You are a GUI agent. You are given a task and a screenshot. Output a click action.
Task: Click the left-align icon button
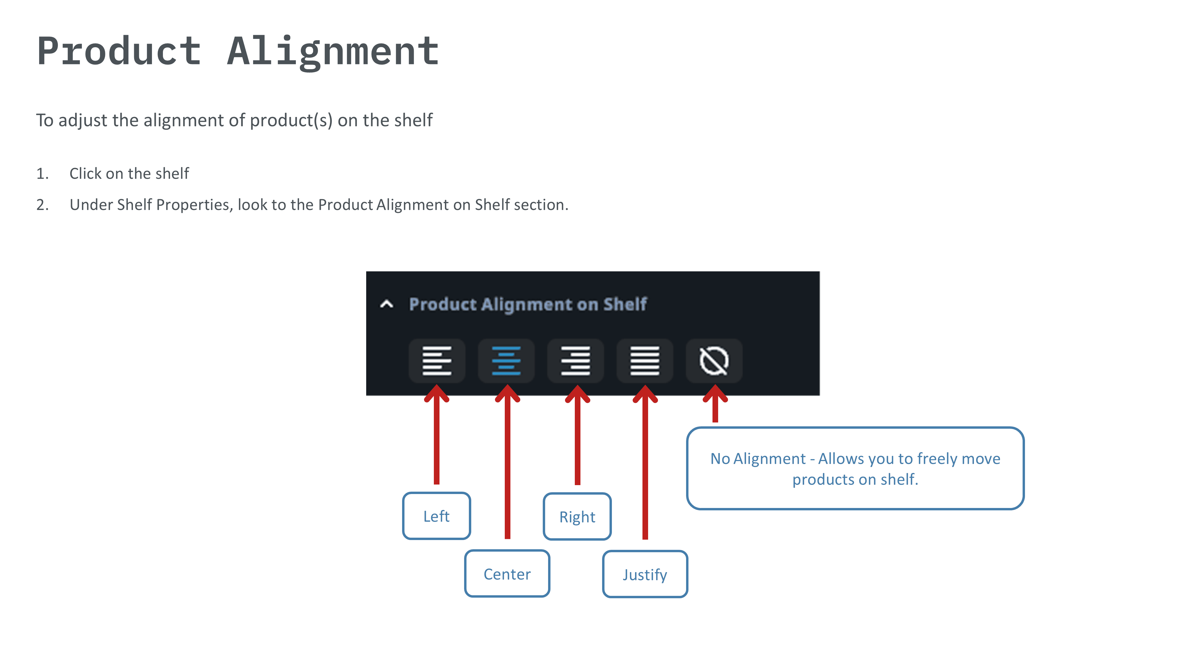[436, 360]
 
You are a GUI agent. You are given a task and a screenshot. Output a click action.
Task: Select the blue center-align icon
[506, 360]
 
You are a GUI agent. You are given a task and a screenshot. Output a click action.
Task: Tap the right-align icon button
[575, 360]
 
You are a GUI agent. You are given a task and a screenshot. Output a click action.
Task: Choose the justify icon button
[645, 360]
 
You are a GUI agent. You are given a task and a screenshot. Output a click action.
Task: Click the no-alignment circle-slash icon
[714, 360]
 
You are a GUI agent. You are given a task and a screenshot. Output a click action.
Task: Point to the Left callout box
[436, 516]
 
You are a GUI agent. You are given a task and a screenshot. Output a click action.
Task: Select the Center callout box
[507, 574]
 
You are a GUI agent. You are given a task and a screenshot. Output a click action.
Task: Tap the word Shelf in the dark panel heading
[625, 304]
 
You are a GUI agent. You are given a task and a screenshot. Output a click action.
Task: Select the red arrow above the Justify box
[645, 461]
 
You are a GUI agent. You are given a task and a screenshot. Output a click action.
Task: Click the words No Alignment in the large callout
[758, 459]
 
